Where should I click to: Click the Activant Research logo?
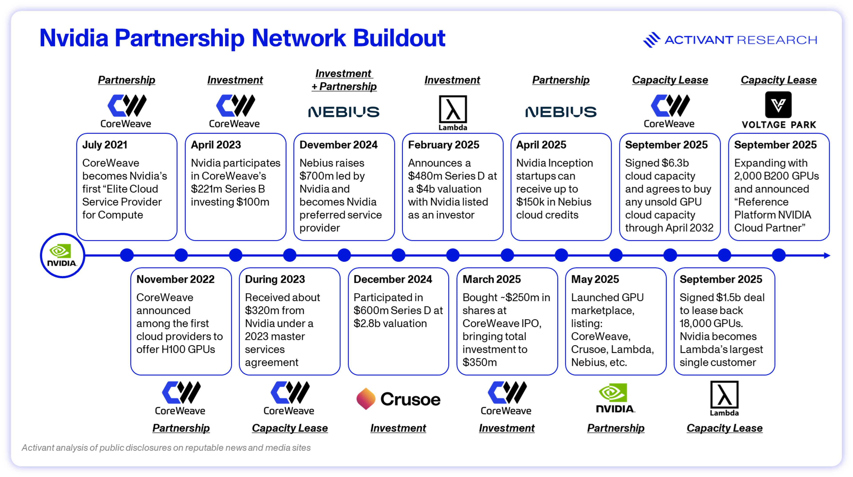tap(730, 40)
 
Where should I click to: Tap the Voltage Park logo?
tap(779, 110)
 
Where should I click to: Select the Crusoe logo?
tap(398, 399)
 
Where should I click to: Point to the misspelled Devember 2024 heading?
tap(338, 145)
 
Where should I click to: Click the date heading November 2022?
tap(175, 279)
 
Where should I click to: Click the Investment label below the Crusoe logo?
tap(398, 428)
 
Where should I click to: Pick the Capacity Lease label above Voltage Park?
tap(779, 80)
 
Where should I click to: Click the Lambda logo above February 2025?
tap(453, 113)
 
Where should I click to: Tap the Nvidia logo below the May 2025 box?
tap(615, 398)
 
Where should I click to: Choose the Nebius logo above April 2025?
tap(561, 112)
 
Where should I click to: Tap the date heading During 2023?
tap(275, 279)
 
